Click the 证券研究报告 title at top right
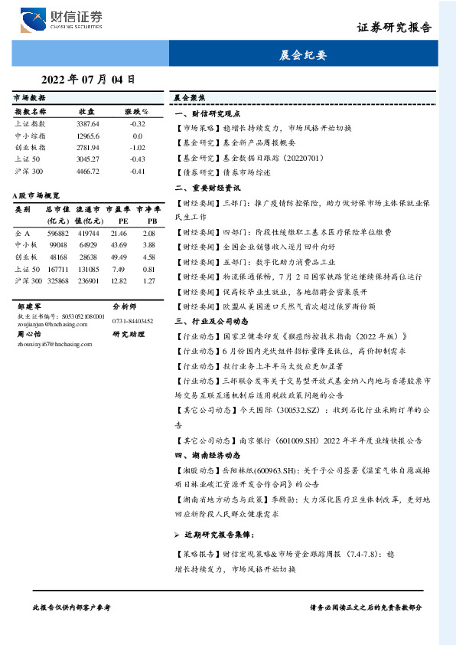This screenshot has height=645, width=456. pos(394,27)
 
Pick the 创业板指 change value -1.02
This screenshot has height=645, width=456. pos(137,147)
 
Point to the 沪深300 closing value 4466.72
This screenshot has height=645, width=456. pos(88,171)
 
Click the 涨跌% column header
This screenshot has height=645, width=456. pos(137,112)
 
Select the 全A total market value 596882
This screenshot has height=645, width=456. pos(58,232)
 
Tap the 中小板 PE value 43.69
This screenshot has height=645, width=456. pos(118,244)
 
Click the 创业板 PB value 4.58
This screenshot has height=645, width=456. pos(148,257)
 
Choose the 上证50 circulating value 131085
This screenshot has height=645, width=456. pos(88,269)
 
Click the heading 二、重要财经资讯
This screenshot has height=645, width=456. pos(207,187)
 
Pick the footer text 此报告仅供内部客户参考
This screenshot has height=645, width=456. pos(72,606)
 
